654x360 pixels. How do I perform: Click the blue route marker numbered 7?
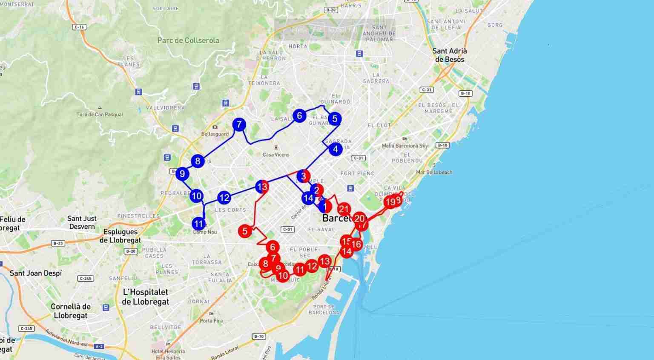pyautogui.click(x=239, y=125)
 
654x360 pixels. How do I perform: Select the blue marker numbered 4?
pyautogui.click(x=336, y=149)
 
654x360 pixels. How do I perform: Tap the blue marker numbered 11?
pyautogui.click(x=199, y=224)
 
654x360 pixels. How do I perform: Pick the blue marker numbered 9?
pyautogui.click(x=182, y=174)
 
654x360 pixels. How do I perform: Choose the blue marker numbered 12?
pyautogui.click(x=224, y=198)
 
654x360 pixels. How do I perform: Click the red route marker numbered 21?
pyautogui.click(x=344, y=209)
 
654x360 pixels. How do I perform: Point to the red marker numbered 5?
pyautogui.click(x=245, y=231)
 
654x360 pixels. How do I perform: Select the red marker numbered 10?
pyautogui.click(x=283, y=276)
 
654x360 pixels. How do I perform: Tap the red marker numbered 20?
pyautogui.click(x=359, y=219)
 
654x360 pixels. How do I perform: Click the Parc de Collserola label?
pyautogui.click(x=188, y=40)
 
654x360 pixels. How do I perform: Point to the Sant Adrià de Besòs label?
pyautogui.click(x=450, y=55)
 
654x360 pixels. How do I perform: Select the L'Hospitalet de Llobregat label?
pyautogui.click(x=145, y=297)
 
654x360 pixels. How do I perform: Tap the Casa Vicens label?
pyautogui.click(x=276, y=155)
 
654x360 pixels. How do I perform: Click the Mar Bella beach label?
pyautogui.click(x=434, y=172)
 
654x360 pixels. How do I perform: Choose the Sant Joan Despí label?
pyautogui.click(x=36, y=273)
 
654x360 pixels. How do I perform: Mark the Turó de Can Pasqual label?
pyautogui.click(x=100, y=114)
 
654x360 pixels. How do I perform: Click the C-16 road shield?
pyautogui.click(x=79, y=27)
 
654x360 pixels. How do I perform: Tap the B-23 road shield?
pyautogui.click(x=58, y=243)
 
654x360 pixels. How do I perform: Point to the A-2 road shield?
pyautogui.click(x=99, y=346)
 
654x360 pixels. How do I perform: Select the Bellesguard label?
pyautogui.click(x=215, y=134)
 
